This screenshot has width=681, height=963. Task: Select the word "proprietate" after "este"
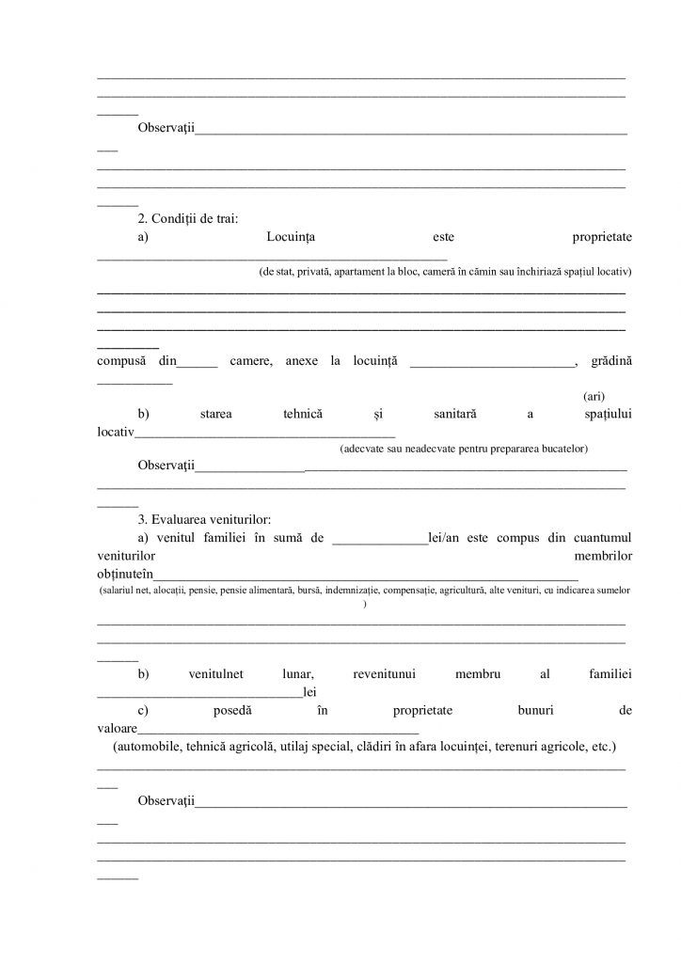coord(601,238)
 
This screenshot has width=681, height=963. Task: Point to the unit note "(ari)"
coord(594,397)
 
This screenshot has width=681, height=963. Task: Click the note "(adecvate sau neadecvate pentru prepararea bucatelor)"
coord(464,450)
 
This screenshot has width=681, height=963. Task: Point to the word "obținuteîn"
coord(126,575)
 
